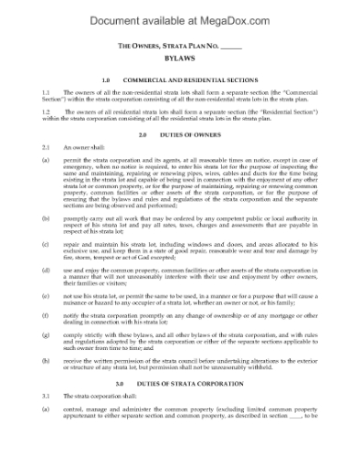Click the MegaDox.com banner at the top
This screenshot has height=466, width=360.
pos(180,13)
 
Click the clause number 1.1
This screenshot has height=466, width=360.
pos(46,93)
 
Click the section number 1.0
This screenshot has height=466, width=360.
pos(106,79)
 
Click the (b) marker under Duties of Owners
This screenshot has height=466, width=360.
pos(46,219)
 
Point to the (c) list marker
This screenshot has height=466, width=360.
pos(46,245)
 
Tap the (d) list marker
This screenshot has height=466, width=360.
pos(46,271)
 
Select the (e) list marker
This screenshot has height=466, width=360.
pos(46,297)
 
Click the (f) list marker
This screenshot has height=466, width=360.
pos(46,316)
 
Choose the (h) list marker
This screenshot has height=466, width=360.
pos(46,362)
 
